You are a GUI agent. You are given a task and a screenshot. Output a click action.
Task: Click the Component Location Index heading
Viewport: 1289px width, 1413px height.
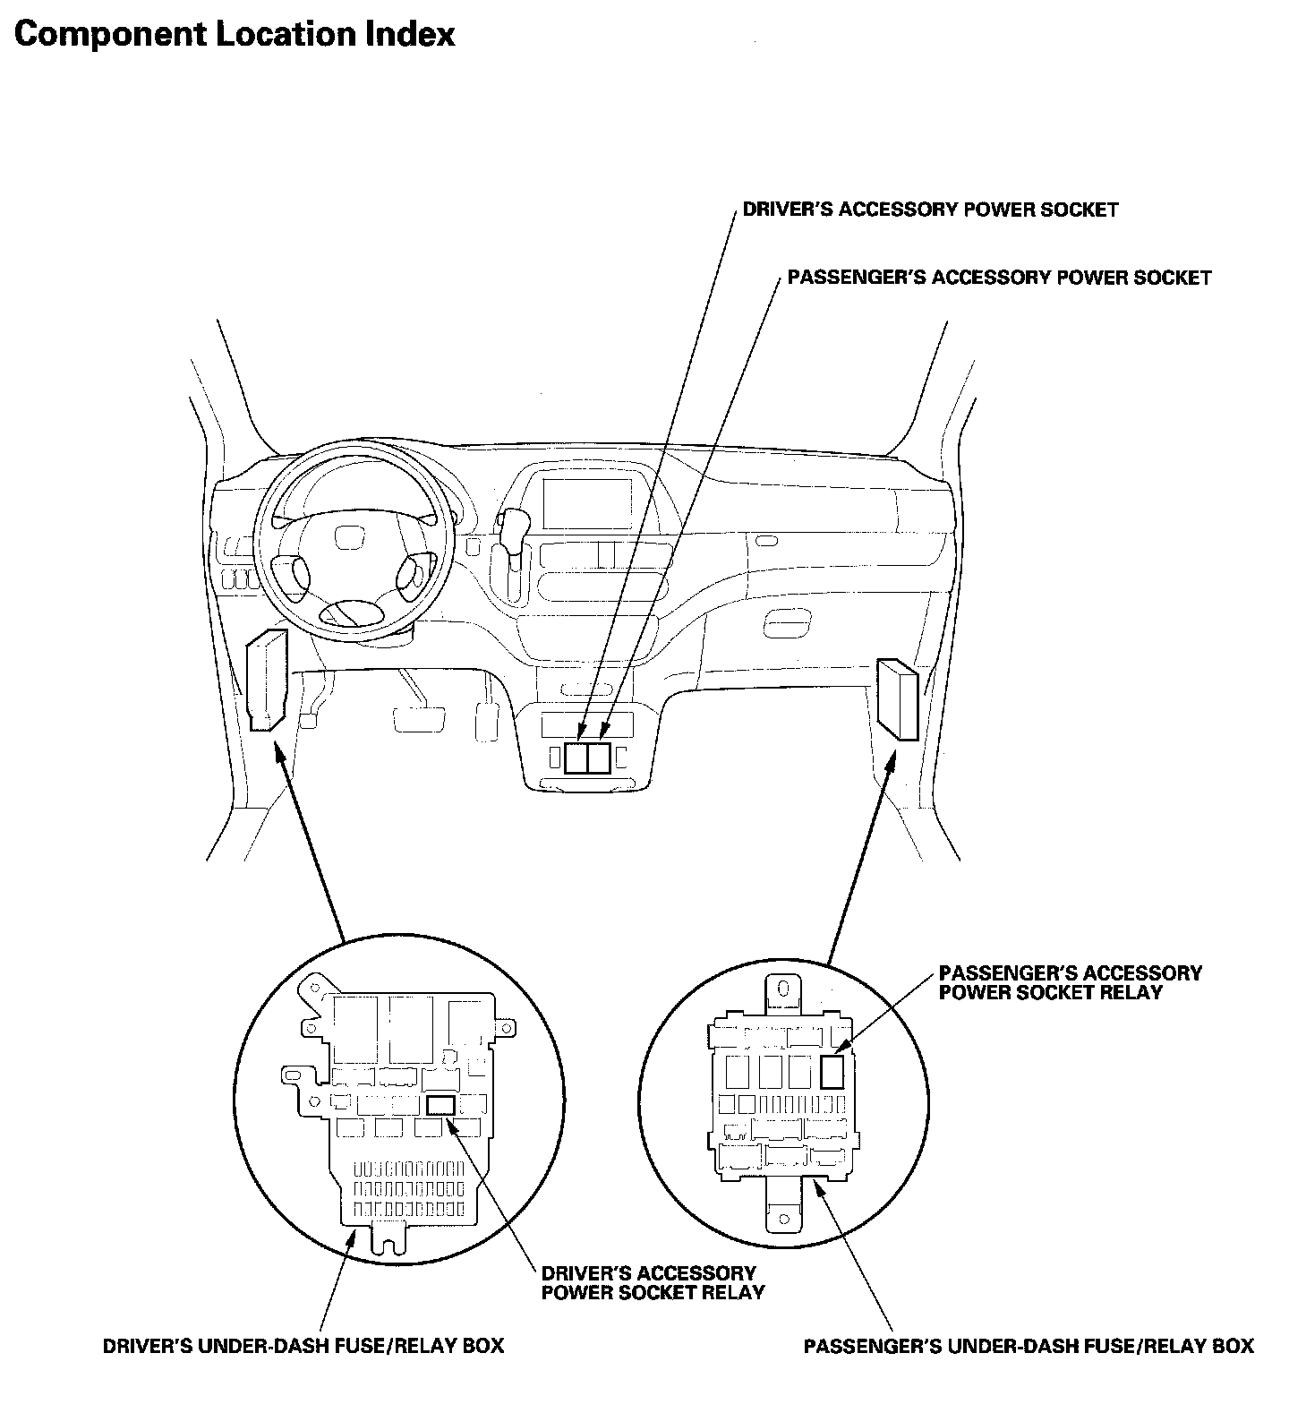235,34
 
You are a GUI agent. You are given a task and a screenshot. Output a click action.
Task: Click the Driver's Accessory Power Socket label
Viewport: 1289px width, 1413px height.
930,210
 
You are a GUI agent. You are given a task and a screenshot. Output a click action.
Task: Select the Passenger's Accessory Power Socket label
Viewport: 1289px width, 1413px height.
999,278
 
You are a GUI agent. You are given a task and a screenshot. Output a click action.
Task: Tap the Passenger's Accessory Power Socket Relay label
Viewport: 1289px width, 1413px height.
1070,982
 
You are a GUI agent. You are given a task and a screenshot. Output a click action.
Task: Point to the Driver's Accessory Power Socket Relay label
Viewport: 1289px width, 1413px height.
653,1282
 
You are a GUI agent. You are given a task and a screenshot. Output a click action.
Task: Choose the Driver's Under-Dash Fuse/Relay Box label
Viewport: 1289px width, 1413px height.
303,1346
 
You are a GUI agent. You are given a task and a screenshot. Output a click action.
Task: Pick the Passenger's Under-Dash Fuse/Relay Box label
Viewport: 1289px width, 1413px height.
1029,1346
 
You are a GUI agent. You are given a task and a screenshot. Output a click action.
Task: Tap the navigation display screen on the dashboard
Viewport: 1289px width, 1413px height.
586,503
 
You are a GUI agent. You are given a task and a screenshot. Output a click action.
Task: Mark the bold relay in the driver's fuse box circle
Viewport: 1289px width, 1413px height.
440,1105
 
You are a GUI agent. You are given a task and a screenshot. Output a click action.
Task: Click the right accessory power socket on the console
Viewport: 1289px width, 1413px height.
600,758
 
